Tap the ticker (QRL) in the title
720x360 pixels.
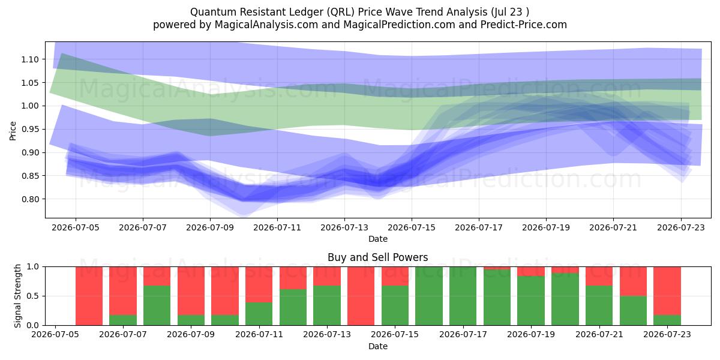point(340,12)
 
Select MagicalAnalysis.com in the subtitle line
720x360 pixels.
point(266,25)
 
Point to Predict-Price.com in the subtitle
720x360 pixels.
point(524,25)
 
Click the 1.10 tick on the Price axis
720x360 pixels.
point(30,59)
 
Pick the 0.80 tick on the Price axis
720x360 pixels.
point(30,199)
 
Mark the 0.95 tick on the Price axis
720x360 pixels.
point(30,129)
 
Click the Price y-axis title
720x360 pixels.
point(13,131)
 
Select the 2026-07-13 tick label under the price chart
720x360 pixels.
point(344,227)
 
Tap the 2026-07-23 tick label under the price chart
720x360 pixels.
point(681,227)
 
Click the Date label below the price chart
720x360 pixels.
point(378,239)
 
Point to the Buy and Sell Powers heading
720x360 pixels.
point(377,257)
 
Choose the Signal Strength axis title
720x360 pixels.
point(17,296)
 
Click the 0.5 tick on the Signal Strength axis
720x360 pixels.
point(34,296)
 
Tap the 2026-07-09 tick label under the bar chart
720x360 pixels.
point(191,334)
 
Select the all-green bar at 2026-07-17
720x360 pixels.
point(463,296)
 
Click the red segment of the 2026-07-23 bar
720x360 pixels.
point(667,291)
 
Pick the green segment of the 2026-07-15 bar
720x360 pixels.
point(395,305)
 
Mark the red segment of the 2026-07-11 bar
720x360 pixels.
point(259,284)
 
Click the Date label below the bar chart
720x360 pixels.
point(378,346)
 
